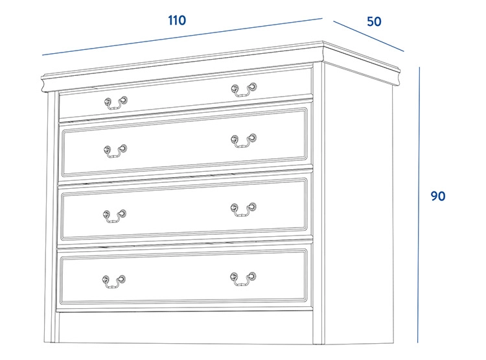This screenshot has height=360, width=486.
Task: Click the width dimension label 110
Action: coord(177,21)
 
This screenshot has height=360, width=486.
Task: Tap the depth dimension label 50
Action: coord(374,21)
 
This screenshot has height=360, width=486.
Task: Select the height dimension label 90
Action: coord(437,196)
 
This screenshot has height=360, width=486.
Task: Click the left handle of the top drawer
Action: coord(115,103)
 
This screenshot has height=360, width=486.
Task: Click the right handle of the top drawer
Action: coord(244,90)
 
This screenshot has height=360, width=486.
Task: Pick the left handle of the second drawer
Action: coord(115,151)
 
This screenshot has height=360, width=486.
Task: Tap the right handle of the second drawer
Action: coord(244,141)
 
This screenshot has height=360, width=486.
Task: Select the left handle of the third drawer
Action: coord(115,216)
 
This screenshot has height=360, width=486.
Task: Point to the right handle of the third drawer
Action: coord(243,210)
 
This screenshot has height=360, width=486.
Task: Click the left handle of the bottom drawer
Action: coord(114,282)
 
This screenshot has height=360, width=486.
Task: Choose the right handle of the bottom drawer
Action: coord(243,279)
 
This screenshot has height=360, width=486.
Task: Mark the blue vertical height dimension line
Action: coord(419,205)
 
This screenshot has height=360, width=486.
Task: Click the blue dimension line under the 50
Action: coord(369,36)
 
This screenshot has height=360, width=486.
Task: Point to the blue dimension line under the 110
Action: coord(182,36)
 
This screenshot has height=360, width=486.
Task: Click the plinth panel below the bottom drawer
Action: coord(185,327)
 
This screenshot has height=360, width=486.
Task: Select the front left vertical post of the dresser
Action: coord(51,217)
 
